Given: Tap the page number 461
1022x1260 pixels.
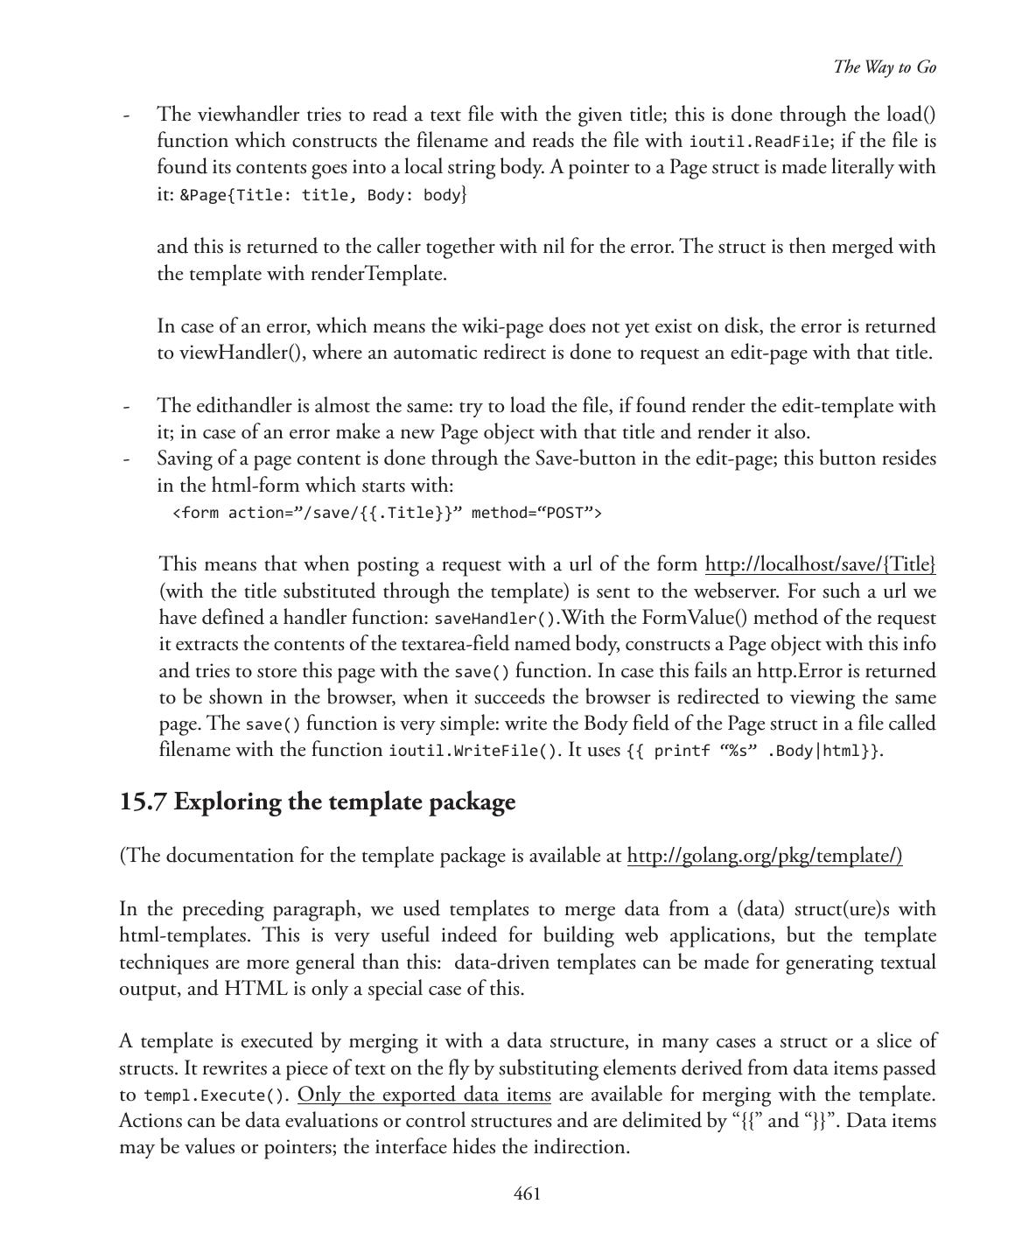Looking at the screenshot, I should pyautogui.click(x=527, y=1193).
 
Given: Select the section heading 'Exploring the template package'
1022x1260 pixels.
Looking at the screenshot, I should pyautogui.click(x=345, y=801).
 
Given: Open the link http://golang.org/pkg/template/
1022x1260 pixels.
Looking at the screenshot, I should pyautogui.click(x=764, y=856).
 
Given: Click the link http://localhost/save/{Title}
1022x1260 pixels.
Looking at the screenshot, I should pyautogui.click(x=820, y=564).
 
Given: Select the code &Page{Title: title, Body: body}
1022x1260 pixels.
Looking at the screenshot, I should pyautogui.click(x=324, y=195).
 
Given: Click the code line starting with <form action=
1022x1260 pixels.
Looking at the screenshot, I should pyautogui.click(x=387, y=513).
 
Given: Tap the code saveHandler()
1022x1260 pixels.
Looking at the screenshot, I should pyautogui.click(x=495, y=619).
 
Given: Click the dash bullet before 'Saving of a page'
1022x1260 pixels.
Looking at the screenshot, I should pyautogui.click(x=128, y=459).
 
